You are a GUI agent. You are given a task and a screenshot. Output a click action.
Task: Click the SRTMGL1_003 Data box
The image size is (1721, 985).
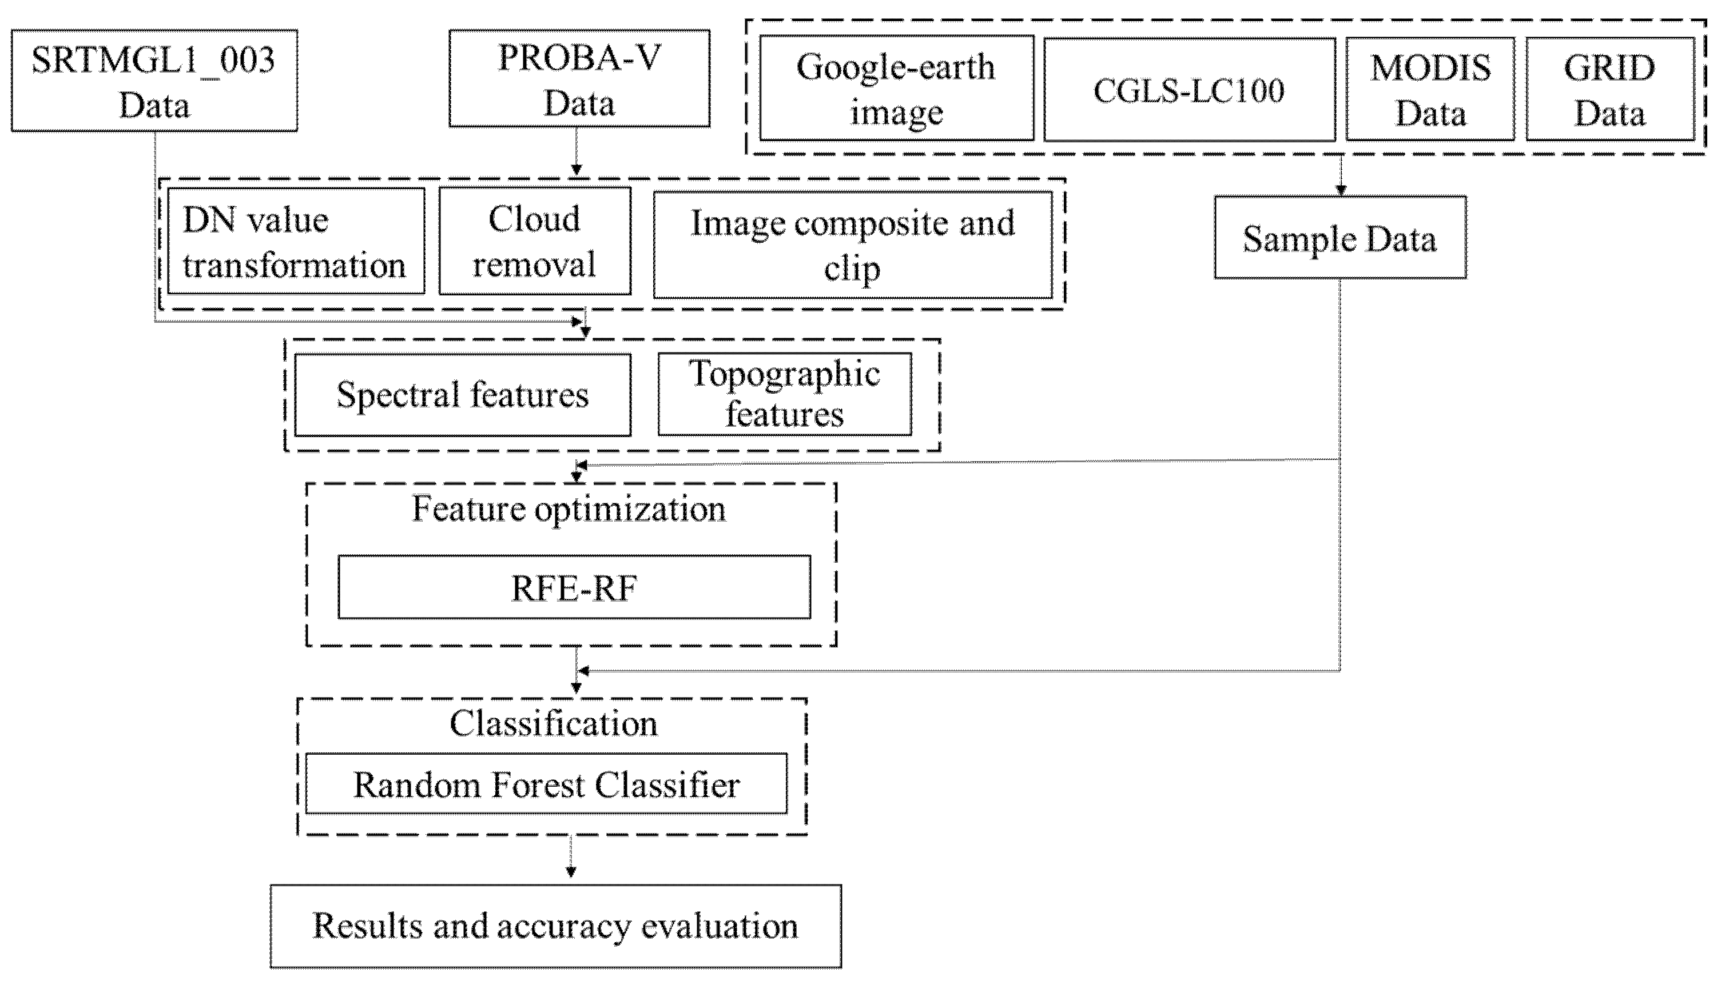(x=154, y=81)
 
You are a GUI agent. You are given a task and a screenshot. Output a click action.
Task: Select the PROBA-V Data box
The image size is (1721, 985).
(x=579, y=78)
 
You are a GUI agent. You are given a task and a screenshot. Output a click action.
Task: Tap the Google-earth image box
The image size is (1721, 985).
(x=896, y=89)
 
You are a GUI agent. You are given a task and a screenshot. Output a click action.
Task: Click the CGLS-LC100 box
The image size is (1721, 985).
(x=1189, y=89)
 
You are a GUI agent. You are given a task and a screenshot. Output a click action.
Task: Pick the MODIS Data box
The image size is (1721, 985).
(x=1430, y=89)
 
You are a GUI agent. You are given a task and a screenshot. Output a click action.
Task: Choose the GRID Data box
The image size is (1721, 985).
(x=1609, y=89)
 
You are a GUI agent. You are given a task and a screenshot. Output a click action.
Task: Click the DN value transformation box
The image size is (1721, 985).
(x=295, y=242)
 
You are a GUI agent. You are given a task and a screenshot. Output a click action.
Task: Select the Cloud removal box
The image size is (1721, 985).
(x=534, y=242)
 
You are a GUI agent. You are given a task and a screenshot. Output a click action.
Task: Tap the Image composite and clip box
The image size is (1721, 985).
(x=852, y=245)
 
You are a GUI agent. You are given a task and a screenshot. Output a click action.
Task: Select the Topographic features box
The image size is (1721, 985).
(x=784, y=394)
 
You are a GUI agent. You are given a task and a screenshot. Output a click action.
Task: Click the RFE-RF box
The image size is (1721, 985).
(x=574, y=587)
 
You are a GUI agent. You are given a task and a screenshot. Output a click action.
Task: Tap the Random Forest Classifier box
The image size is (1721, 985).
(x=546, y=784)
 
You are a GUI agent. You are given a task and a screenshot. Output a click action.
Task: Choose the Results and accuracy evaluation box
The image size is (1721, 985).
(x=555, y=926)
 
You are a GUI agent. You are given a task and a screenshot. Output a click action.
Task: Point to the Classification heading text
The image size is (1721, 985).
(x=553, y=723)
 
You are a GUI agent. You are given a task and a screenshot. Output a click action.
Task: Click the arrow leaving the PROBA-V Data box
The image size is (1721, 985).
(x=576, y=152)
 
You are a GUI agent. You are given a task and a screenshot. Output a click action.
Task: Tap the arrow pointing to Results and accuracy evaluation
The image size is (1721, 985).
(x=571, y=857)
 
